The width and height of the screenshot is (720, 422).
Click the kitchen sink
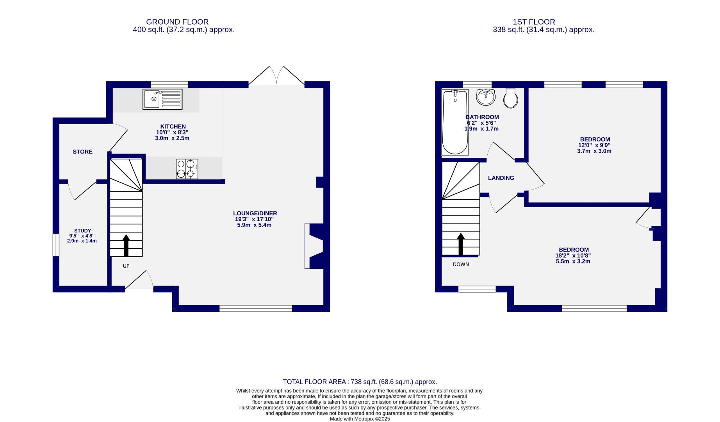tap(162, 99)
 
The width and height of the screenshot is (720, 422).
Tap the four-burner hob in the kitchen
tap(187, 169)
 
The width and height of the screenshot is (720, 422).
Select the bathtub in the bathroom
tap(455, 122)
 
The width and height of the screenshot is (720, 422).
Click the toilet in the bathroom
tap(511, 98)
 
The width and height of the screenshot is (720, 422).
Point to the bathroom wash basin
tap(486, 97)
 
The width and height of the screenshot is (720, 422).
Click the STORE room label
tap(83, 152)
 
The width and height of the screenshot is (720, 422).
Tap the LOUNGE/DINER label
tap(255, 213)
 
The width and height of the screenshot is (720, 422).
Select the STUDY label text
tap(82, 231)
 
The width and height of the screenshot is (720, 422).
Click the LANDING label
tap(501, 178)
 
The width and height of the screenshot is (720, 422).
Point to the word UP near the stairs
tap(126, 266)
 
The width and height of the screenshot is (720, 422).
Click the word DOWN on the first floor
tap(461, 265)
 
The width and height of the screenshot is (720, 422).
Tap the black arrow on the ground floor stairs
tap(126, 245)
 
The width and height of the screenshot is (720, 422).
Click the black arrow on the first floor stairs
tap(461, 244)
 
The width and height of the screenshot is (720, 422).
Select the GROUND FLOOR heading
tap(177, 22)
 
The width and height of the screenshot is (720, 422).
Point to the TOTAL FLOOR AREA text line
tap(360, 382)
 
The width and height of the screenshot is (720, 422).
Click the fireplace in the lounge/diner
tap(314, 246)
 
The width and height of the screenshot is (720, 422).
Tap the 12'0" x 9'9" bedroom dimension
tap(595, 145)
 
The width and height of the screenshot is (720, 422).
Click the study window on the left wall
tap(56, 245)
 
